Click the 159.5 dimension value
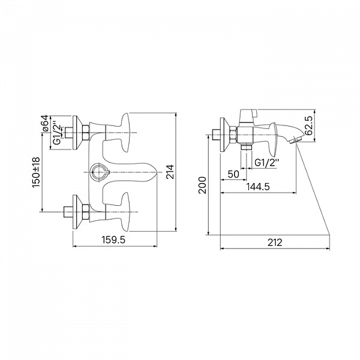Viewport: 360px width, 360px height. point(113,240)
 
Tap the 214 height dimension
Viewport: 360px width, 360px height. point(170,172)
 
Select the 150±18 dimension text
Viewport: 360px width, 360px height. point(36,172)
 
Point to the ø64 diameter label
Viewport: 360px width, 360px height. point(45,123)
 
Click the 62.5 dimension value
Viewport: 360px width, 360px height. point(308,125)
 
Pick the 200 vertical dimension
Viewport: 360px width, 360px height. point(203,185)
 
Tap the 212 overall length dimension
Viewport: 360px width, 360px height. point(275,242)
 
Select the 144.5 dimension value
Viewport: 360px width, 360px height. point(258,187)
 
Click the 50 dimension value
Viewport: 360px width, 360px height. point(233,174)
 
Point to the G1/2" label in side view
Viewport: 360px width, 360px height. point(267,163)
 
